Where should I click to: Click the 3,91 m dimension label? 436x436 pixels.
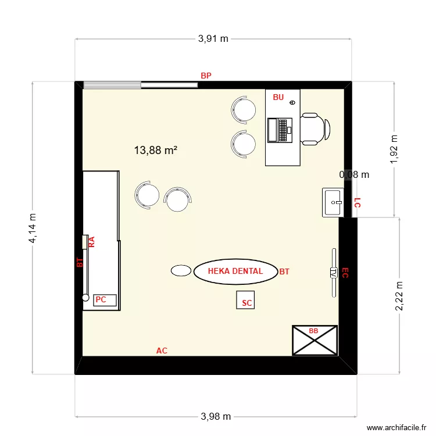pyautogui.click(x=213, y=39)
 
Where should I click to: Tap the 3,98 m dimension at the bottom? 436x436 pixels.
pyautogui.click(x=216, y=416)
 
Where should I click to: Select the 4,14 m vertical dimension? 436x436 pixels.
pyautogui.click(x=33, y=227)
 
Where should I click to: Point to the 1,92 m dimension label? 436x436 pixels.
pyautogui.click(x=395, y=149)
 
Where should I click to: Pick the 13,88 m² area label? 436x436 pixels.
pyautogui.click(x=155, y=150)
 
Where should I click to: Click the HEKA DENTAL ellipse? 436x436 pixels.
pyautogui.click(x=235, y=271)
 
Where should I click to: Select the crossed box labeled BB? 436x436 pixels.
pyautogui.click(x=315, y=340)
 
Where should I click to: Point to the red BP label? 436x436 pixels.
pyautogui.click(x=206, y=76)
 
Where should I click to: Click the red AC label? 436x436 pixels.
pyautogui.click(x=162, y=351)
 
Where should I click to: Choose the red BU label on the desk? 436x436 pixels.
pyautogui.click(x=278, y=98)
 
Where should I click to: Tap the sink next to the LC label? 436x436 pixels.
pyautogui.click(x=334, y=202)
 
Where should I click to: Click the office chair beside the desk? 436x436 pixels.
pyautogui.click(x=315, y=128)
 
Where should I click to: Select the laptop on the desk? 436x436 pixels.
pyautogui.click(x=279, y=130)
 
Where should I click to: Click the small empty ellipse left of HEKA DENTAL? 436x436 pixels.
pyautogui.click(x=181, y=270)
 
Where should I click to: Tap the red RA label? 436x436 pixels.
pyautogui.click(x=91, y=242)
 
